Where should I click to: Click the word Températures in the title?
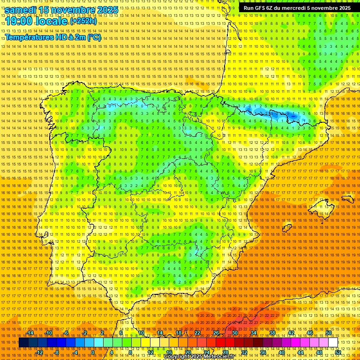[x=30, y=37]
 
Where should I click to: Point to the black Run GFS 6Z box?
[x=297, y=8]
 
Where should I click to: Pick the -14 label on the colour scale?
[x=30, y=333]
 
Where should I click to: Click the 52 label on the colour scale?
[x=338, y=352]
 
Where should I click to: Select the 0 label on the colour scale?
[x=93, y=352]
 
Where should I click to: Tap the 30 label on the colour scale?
[x=234, y=333]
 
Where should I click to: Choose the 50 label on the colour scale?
[x=329, y=333]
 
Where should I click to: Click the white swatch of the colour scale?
[x=333, y=343]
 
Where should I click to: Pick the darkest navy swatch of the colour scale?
[x=23, y=343]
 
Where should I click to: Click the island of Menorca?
[x=346, y=200]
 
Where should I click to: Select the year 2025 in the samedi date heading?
[x=105, y=9]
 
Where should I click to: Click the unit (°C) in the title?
[x=94, y=37]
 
